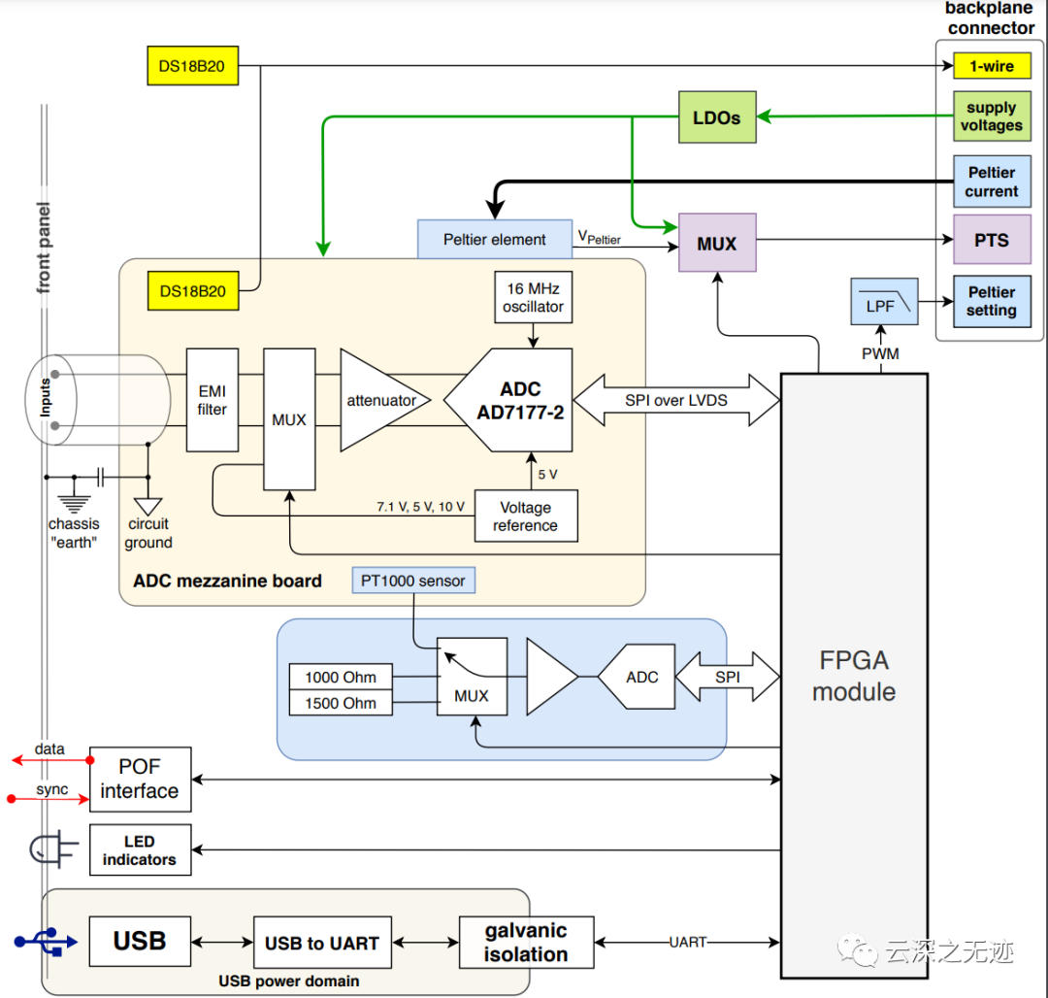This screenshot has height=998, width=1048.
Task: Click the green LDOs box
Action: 716,117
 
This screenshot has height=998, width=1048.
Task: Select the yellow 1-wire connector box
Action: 991,66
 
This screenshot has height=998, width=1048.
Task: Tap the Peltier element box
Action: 494,240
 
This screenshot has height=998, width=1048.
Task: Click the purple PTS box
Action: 991,240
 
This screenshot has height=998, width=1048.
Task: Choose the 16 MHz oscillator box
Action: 533,297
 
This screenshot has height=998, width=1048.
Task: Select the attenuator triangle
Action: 378,400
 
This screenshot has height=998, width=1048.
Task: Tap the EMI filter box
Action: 212,400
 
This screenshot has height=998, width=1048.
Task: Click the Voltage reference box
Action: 525,516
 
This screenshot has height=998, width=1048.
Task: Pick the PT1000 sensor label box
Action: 414,581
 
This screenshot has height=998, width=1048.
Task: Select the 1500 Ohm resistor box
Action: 341,703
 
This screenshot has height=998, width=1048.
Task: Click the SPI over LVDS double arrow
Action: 676,400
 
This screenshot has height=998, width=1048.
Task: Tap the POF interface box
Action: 140,780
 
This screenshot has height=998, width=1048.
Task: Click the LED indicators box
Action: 140,850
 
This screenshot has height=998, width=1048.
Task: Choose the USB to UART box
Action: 322,943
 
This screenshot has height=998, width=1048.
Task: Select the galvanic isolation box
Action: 526,943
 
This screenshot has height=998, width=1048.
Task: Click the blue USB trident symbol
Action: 45,941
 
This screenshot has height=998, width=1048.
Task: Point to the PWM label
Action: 880,354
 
